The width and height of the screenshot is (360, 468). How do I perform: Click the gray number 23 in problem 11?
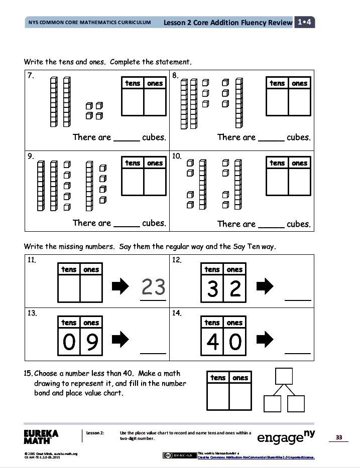(153, 287)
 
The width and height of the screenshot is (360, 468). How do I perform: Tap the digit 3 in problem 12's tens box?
(212, 289)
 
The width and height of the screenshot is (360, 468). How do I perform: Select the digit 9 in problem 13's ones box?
(91, 343)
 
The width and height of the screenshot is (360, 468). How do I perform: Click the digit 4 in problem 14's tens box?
(212, 343)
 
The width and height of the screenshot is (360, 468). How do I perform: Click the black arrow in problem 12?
(265, 286)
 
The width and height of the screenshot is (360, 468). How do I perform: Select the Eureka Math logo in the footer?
(41, 436)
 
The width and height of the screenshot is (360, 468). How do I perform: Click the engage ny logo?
(286, 436)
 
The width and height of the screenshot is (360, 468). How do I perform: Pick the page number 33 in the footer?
(338, 437)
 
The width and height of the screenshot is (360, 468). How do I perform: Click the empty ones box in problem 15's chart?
(240, 397)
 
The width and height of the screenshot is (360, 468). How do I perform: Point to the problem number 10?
(177, 156)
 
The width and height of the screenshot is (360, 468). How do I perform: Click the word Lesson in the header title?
(177, 23)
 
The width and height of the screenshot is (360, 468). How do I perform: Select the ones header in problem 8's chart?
(299, 83)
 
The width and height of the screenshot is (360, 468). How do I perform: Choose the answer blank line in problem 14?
(298, 353)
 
